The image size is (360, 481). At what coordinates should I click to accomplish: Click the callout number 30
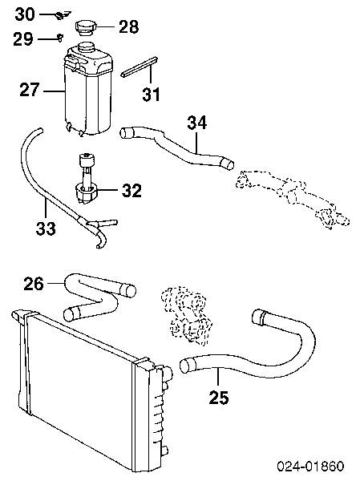pyautogui.click(x=25, y=14)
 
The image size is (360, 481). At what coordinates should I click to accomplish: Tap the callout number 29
pyautogui.click(x=23, y=39)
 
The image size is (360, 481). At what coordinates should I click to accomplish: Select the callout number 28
pyautogui.click(x=128, y=26)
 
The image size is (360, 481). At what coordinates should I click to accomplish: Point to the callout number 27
pyautogui.click(x=30, y=90)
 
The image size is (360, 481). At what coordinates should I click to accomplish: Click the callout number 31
pyautogui.click(x=152, y=95)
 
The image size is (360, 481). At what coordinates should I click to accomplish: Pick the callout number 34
pyautogui.click(x=197, y=123)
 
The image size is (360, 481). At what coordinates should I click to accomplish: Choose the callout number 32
pyautogui.click(x=131, y=191)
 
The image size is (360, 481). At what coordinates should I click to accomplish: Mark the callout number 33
pyautogui.click(x=46, y=228)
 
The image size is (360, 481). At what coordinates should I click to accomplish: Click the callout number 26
pyautogui.click(x=34, y=284)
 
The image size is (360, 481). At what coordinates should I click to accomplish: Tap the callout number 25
pyautogui.click(x=219, y=398)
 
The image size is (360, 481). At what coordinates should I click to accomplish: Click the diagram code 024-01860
pyautogui.click(x=310, y=467)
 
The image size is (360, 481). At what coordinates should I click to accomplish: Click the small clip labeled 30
pyautogui.click(x=63, y=14)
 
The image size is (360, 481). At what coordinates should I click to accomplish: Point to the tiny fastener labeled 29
pyautogui.click(x=61, y=38)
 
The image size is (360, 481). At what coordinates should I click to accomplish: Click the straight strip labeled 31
pyautogui.click(x=140, y=67)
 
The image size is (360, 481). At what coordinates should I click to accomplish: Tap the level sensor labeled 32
pyautogui.click(x=87, y=178)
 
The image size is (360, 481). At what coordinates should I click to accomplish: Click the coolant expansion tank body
pyautogui.click(x=87, y=92)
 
